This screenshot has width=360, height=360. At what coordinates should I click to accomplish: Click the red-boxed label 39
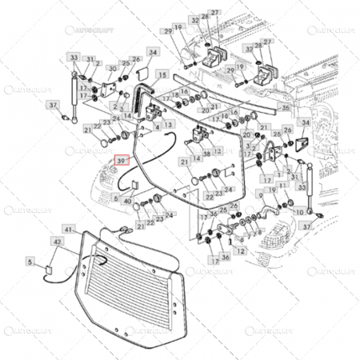click(122, 160)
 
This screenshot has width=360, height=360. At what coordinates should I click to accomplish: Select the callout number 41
click(68, 230)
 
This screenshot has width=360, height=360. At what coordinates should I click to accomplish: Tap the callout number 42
click(57, 241)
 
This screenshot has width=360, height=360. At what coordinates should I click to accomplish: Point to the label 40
click(127, 201)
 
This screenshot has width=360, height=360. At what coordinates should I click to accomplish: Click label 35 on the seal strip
click(284, 106)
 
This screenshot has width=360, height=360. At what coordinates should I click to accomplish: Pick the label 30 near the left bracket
click(112, 68)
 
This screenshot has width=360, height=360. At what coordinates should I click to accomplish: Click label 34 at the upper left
click(153, 53)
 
